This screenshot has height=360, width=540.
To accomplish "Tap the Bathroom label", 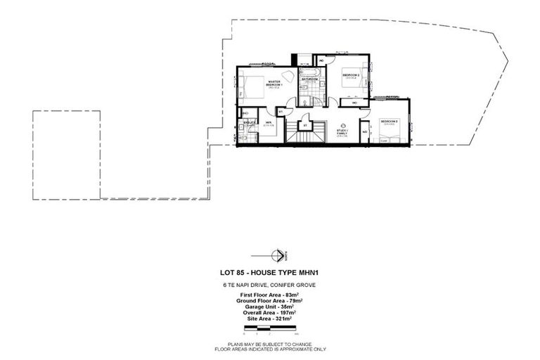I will click(x=310, y=80).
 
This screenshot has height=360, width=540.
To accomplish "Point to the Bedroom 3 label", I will click(x=390, y=122).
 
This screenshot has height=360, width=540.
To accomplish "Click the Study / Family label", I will click(x=342, y=131).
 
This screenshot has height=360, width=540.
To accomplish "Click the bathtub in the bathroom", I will click(x=310, y=72).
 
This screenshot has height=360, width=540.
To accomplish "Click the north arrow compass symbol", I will click(x=280, y=255).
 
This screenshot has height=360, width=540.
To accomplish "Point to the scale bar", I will click(x=271, y=328).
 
